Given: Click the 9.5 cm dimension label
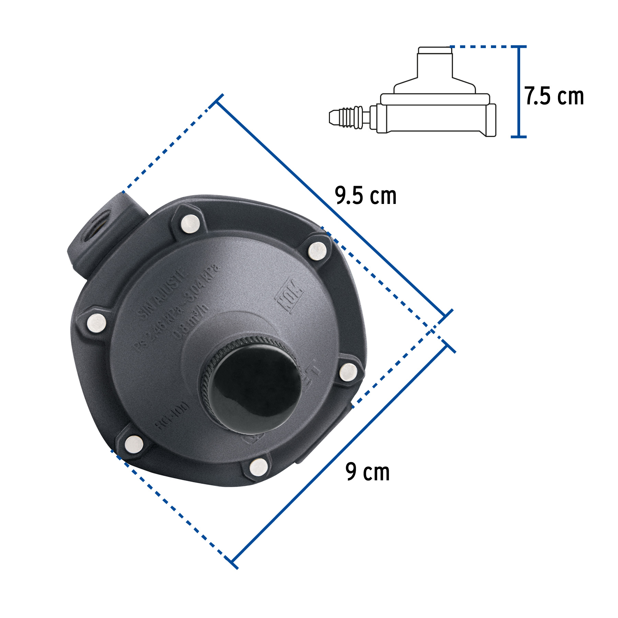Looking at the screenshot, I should point(365,196).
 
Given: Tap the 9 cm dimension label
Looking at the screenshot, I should point(367,472).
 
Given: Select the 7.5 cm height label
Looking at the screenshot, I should point(554,96).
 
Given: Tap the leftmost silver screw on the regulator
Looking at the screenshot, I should point(96,323).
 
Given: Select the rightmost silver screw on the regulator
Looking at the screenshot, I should point(348,372).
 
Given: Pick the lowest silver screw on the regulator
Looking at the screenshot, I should point(259,467).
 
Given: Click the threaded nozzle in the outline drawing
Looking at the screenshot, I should point(347,118).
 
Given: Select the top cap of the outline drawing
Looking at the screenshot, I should point(435,50).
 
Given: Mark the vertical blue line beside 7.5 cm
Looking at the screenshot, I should point(519,92).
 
